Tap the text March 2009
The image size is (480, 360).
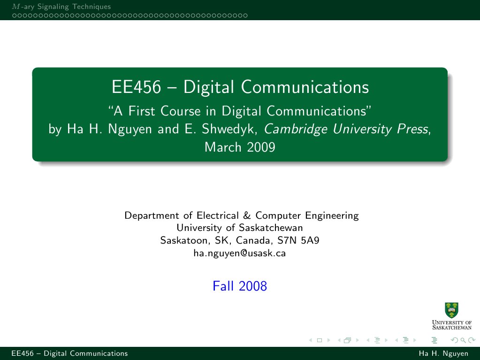click(x=240, y=147)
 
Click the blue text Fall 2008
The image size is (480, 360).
click(x=240, y=286)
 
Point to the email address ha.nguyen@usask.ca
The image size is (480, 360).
click(x=240, y=253)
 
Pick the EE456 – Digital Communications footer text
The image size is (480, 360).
click(x=65, y=353)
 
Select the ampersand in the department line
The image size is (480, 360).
click(x=247, y=216)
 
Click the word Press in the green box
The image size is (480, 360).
click(x=414, y=129)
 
